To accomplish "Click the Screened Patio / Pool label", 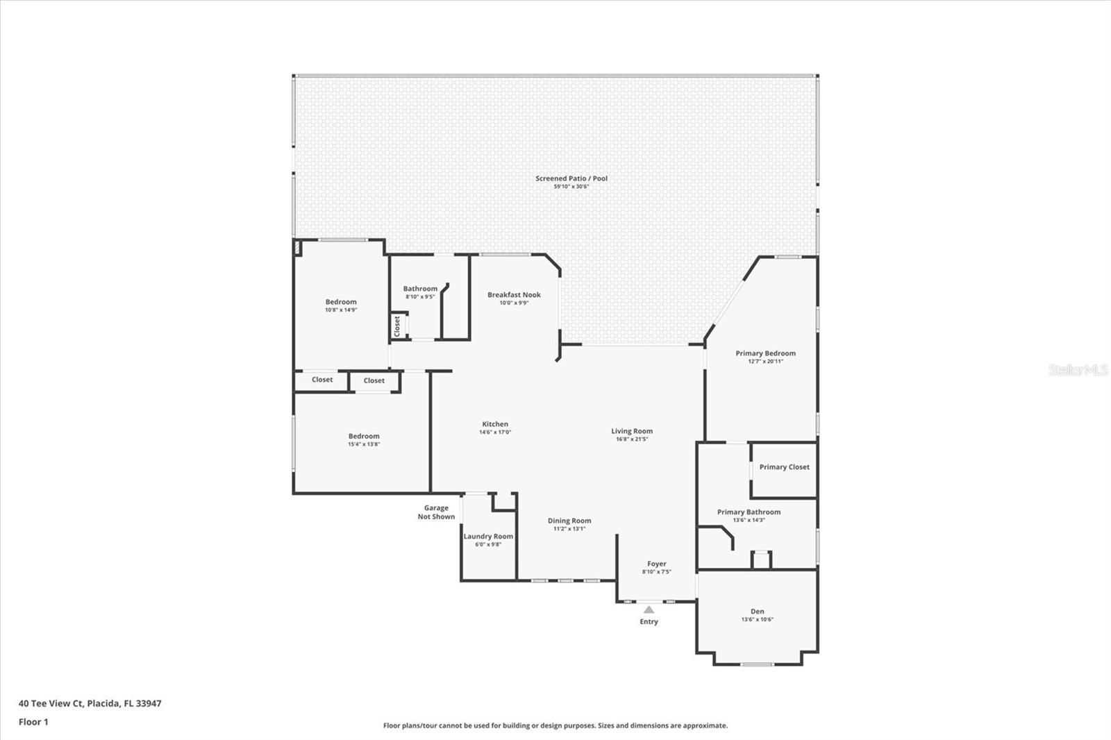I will pos(571,178).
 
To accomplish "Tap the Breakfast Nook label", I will pos(514,295).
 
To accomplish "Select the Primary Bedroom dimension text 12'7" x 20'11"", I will pos(765,362).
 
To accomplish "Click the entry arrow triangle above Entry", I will pos(649,609).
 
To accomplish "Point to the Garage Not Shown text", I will pos(436,512).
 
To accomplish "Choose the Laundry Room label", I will pos(488,537).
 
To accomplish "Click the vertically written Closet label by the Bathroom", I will pos(397,326).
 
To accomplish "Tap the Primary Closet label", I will pos(784,467).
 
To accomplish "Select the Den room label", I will pos(757,612).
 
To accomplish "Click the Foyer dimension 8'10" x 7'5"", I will pos(656,572).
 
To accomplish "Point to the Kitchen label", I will pos(495,424).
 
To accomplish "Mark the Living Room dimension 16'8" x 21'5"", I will pos(631,439).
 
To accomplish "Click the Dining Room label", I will pos(569,521).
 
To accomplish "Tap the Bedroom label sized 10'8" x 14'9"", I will pos(341,302).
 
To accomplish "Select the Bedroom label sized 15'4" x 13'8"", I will pos(364,437).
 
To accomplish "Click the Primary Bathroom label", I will pos(749,512).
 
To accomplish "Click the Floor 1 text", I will pos(33,722).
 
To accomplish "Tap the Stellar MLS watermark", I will pos(1078,370).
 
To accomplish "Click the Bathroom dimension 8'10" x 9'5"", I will pos(420,297).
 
